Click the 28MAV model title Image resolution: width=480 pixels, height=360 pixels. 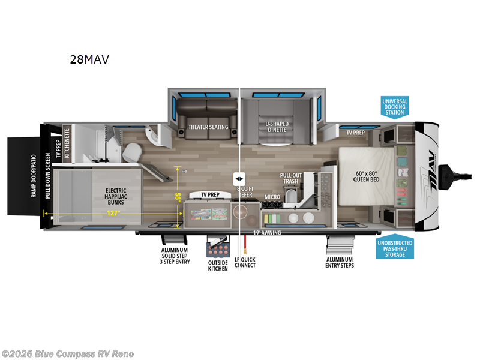89,59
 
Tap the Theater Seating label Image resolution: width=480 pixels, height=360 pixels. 208,127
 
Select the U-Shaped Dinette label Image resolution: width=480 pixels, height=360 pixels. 277,127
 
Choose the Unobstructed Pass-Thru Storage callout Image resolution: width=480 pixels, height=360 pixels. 395,248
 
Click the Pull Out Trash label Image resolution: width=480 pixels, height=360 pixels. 290,178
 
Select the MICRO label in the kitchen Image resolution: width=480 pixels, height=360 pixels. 272,197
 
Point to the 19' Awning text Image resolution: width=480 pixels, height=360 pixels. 267,232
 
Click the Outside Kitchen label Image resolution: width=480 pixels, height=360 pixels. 218,265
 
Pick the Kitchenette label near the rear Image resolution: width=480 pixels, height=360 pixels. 67,142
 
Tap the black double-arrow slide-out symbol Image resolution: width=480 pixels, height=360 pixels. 239,179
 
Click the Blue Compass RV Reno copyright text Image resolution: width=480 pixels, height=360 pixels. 68,354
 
